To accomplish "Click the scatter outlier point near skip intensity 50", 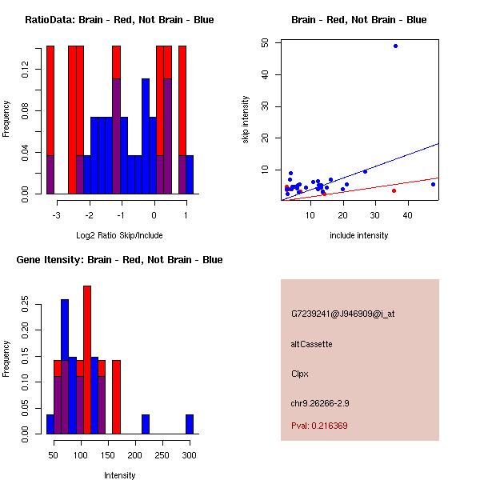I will [395, 46].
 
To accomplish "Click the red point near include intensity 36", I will [394, 190].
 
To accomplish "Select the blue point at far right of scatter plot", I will [433, 184].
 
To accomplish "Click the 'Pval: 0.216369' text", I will [319, 426].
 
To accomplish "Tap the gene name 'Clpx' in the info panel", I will [300, 374].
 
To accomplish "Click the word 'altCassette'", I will [311, 344].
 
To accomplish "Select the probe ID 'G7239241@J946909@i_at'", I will [342, 314].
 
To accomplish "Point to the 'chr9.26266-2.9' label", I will [320, 402].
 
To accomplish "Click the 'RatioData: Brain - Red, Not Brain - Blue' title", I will [119, 20].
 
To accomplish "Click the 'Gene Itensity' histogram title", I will [119, 260].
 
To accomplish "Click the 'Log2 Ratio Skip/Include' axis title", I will [119, 235].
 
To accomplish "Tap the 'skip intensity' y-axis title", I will [246, 120].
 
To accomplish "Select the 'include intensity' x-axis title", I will [359, 235].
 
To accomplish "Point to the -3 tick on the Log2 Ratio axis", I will [57, 215].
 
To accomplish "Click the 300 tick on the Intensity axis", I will [190, 455].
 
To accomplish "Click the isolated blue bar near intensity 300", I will [190, 424].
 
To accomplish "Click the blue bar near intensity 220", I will [146, 424].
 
